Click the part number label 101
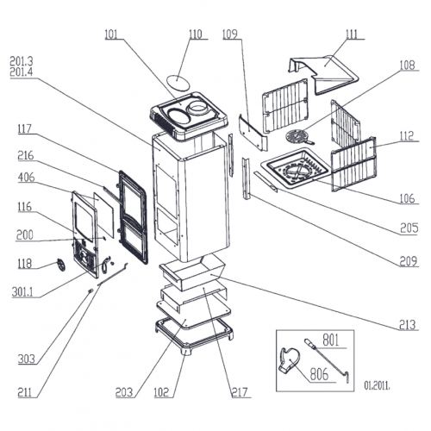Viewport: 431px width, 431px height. pos(111,34)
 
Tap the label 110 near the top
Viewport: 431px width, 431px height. pos(196,34)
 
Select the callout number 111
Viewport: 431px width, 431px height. pos(352,34)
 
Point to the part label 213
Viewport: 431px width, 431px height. pos(408,325)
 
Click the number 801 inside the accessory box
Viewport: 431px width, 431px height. pos(331,340)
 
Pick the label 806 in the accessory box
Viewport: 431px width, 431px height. pos(319,374)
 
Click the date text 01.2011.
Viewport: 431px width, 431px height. pos(377,385)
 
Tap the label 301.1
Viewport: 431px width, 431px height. pos(22,292)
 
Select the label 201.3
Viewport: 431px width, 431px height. pos(22,61)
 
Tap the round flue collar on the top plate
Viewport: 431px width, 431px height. pos(197,109)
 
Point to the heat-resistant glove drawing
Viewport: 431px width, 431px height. pos(289,361)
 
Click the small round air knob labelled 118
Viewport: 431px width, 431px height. pos(60,265)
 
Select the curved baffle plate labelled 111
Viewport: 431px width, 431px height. pos(323,73)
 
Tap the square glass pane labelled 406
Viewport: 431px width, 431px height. pos(103,215)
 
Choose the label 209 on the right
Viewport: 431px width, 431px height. pos(408,261)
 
